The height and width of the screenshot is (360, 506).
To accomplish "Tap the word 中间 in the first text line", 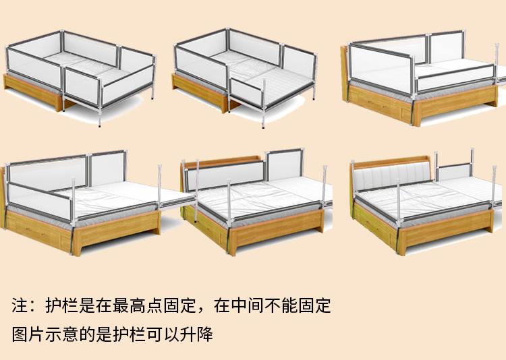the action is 247,305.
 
